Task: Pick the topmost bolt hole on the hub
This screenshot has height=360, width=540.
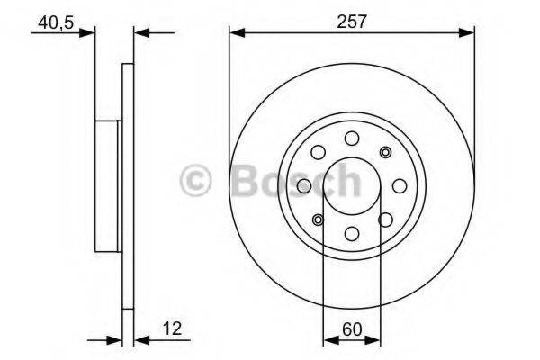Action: click(x=352, y=137)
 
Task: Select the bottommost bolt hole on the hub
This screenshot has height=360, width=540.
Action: click(x=352, y=234)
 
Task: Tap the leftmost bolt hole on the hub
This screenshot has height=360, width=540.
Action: click(x=304, y=185)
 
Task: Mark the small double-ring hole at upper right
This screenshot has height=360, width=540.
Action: click(x=386, y=151)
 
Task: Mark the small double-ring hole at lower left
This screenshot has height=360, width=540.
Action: click(x=318, y=220)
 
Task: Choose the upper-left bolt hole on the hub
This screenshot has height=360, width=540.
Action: click(x=318, y=151)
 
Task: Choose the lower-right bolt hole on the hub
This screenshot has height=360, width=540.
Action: click(x=386, y=220)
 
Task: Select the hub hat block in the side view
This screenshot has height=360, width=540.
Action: click(x=108, y=185)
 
